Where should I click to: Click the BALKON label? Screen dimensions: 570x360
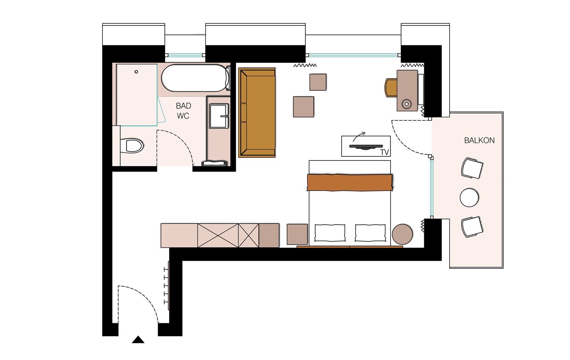[479, 141]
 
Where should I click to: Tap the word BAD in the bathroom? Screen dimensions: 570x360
[184, 106]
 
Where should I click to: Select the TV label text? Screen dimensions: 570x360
[385, 152]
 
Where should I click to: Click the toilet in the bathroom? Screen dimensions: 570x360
[132, 146]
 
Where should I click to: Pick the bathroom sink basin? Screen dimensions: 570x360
[219, 116]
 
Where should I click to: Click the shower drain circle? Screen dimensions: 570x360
[136, 72]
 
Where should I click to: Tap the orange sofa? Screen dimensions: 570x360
[257, 113]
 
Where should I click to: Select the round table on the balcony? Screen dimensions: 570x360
[469, 197]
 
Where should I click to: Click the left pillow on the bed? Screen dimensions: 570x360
[330, 232]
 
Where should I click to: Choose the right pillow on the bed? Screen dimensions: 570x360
[370, 232]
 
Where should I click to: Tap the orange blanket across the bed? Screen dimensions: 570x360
[350, 182]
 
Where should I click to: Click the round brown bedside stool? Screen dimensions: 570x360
[402, 234]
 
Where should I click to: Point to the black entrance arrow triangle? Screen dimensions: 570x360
[138, 340]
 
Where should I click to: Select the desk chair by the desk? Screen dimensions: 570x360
[391, 88]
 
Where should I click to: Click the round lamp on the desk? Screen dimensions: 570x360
[407, 104]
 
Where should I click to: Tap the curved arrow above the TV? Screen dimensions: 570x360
[359, 137]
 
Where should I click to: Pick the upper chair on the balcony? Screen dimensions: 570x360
[472, 168]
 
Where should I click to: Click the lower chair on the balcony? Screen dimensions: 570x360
[472, 227]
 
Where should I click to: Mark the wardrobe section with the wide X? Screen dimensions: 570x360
[218, 236]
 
